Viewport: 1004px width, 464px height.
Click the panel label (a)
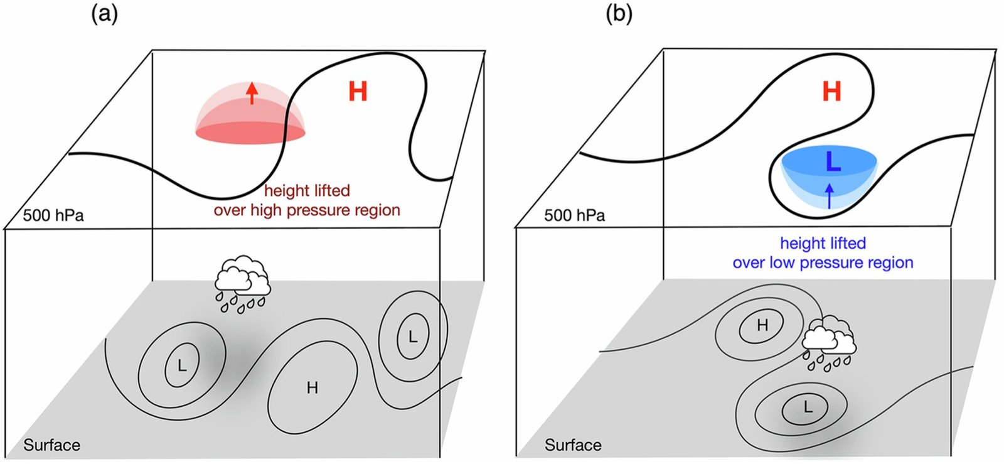[104, 13]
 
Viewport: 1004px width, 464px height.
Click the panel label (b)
[619, 13]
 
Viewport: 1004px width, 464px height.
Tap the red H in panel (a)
[358, 92]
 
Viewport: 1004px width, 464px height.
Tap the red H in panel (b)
[831, 92]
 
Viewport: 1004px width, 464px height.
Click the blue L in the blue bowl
[833, 162]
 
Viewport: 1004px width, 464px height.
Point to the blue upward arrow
[830, 195]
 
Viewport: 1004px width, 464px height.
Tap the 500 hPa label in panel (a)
[53, 215]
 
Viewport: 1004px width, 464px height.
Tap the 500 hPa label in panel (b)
[574, 215]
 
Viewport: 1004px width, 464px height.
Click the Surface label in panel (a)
[51, 445]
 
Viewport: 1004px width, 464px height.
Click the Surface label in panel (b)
[573, 445]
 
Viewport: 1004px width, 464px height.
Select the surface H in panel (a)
[312, 388]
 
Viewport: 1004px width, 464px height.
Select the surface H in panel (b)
[762, 325]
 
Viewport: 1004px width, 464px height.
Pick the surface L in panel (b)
[808, 407]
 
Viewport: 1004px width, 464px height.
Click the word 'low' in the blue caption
[782, 263]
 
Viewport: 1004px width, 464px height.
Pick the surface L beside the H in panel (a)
[412, 337]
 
